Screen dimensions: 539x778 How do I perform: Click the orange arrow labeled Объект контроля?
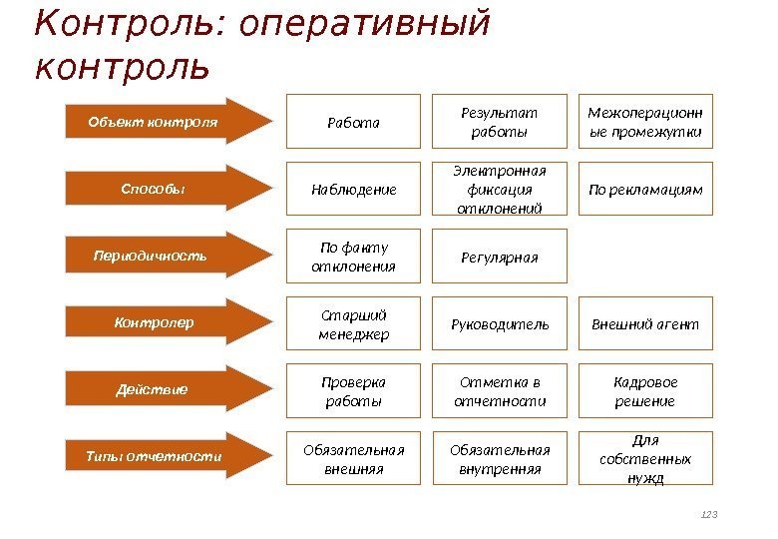click(165, 123)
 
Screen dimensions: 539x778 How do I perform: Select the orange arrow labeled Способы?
click(165, 190)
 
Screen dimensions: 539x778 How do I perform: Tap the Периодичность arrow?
click(165, 256)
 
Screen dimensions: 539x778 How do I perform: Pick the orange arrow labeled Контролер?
click(165, 322)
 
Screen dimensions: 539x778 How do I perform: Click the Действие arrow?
click(165, 389)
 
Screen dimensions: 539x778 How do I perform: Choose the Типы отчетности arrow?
click(165, 456)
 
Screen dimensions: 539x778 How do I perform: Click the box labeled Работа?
click(354, 122)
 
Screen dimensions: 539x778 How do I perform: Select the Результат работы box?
click(499, 122)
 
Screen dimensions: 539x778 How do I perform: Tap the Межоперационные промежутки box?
click(645, 122)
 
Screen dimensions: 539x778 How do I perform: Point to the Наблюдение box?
click(354, 189)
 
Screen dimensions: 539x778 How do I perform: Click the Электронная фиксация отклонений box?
click(499, 189)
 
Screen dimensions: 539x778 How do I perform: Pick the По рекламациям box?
click(645, 189)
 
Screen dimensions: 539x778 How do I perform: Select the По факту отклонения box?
click(354, 257)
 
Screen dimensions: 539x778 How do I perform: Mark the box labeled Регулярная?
click(499, 257)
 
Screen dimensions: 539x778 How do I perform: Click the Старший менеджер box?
click(354, 323)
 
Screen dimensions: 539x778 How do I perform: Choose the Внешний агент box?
click(645, 323)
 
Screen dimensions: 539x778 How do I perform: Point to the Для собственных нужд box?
click(645, 458)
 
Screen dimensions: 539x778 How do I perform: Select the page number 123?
click(710, 514)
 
